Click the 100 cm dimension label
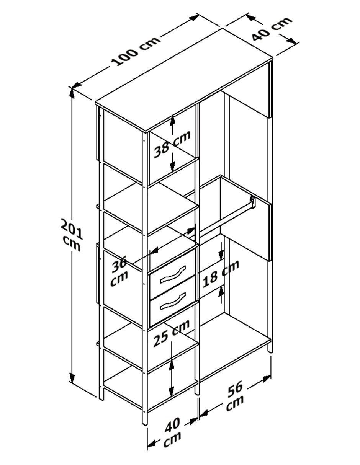[136, 51]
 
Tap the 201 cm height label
[71, 235]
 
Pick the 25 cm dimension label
[172, 336]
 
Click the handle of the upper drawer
[173, 274]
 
